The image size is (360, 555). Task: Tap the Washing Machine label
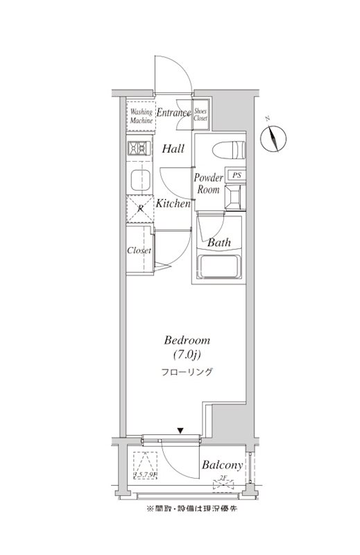[x=142, y=116]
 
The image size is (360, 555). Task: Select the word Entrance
[x=173, y=112]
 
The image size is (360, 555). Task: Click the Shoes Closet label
[x=201, y=114]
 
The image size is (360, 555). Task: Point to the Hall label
[x=173, y=148]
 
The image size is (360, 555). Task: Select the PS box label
[x=237, y=176]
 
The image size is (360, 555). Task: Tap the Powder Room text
[x=207, y=184]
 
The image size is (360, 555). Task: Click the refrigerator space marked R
[x=139, y=208]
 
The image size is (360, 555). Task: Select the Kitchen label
[x=173, y=204]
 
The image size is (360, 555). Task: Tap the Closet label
[x=139, y=250]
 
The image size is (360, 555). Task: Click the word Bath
[x=219, y=243]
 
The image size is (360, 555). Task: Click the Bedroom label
[x=187, y=341]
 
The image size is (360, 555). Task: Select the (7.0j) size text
[x=187, y=355]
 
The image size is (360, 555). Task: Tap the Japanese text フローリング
[x=187, y=373]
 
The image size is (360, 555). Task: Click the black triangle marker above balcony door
[x=180, y=431]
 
